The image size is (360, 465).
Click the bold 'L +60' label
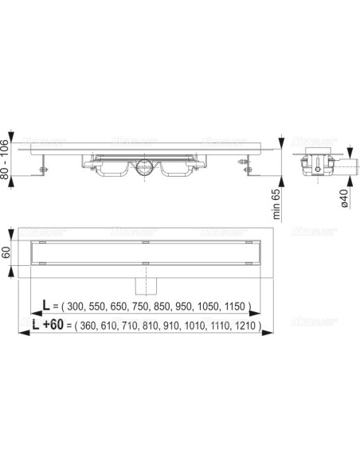tap(50, 324)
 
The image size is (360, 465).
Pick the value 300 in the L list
tap(77, 307)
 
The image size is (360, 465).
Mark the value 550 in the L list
tap(100, 307)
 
